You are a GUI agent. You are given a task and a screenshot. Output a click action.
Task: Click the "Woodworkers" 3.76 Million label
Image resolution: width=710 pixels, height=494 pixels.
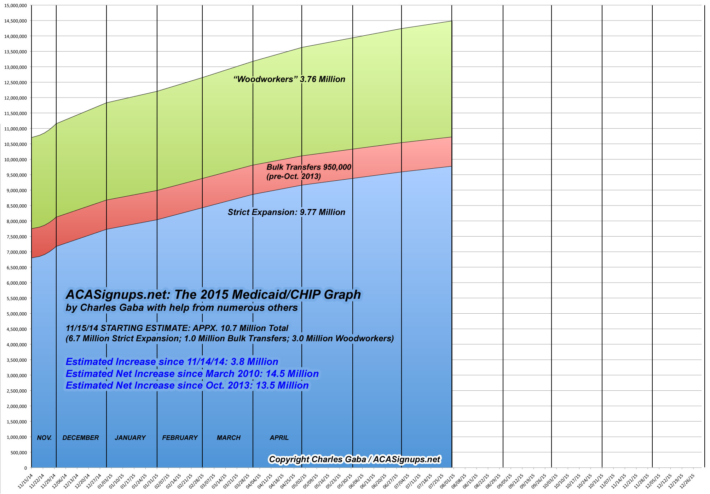(x=289, y=79)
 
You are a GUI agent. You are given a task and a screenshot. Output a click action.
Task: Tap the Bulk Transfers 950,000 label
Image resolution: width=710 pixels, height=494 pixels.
(x=308, y=167)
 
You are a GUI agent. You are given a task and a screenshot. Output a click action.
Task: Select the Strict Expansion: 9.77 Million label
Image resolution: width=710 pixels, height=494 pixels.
(x=286, y=212)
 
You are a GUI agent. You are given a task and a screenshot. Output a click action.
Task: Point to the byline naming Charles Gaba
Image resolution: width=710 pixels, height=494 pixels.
(x=181, y=308)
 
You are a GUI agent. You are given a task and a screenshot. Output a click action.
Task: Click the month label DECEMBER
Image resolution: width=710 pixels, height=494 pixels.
(x=81, y=438)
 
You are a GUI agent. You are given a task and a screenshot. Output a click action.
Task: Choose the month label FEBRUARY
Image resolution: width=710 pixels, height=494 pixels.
(x=180, y=438)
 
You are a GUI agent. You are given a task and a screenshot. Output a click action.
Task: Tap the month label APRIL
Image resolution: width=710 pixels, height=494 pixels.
(x=279, y=438)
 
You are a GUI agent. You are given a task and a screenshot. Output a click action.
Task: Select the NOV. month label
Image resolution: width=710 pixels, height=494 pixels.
(x=44, y=438)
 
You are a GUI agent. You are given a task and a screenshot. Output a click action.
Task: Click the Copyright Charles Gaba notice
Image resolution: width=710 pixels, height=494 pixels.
(x=354, y=459)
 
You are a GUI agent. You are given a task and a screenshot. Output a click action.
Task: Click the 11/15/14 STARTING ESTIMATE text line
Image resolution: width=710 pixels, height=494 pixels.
(x=177, y=328)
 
